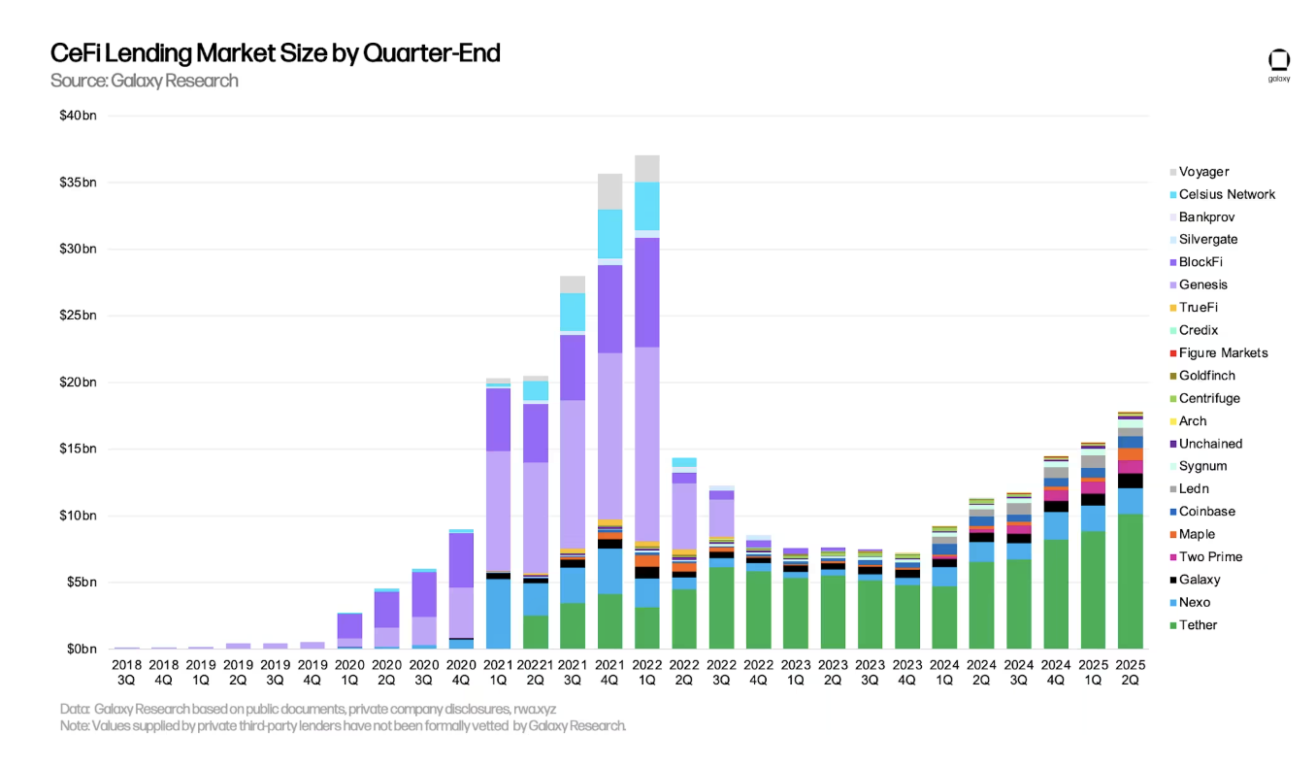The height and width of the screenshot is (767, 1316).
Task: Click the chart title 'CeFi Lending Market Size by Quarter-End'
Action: (x=275, y=53)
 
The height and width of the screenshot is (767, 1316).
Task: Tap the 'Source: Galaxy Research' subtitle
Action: (x=144, y=81)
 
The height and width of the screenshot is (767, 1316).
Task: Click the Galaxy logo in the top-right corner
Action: (x=1278, y=65)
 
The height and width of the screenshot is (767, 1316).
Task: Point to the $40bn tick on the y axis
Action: (x=78, y=117)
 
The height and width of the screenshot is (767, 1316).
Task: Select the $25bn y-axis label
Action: (x=78, y=316)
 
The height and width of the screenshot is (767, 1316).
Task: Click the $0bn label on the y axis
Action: (x=78, y=649)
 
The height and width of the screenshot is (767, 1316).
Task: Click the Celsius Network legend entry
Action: (x=1226, y=194)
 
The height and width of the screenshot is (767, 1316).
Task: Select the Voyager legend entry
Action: (x=1203, y=172)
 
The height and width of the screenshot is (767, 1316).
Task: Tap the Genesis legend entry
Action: (x=1202, y=284)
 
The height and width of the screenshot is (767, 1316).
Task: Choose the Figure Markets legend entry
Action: (x=1223, y=352)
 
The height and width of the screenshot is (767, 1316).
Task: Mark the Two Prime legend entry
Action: (x=1210, y=557)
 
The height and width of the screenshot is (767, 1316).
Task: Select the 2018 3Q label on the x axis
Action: (x=127, y=673)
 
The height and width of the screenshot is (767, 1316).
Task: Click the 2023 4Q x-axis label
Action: (x=907, y=673)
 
